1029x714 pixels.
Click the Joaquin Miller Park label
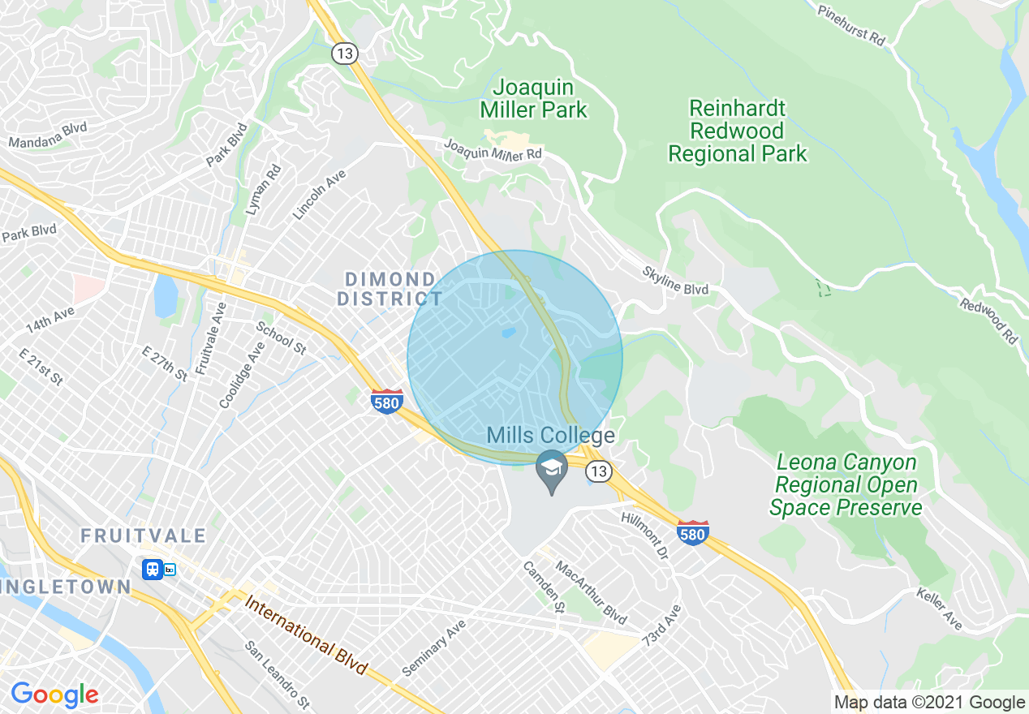pos(533,98)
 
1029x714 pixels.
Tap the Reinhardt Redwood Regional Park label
pos(737,131)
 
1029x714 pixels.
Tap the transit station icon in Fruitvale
pos(152,570)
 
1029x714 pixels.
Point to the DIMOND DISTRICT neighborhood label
pos(390,289)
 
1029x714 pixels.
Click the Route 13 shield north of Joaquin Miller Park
pos(344,54)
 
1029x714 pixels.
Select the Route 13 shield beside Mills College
pos(599,471)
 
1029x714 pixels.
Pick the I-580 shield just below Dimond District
pos(387,401)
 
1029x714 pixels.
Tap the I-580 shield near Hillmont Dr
pos(692,532)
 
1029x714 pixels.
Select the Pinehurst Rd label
pos(850,24)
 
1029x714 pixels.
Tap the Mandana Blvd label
pos(47,135)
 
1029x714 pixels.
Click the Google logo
pos(54,695)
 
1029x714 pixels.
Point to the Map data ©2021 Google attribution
pos(930,703)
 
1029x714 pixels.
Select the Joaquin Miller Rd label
pos(493,148)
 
